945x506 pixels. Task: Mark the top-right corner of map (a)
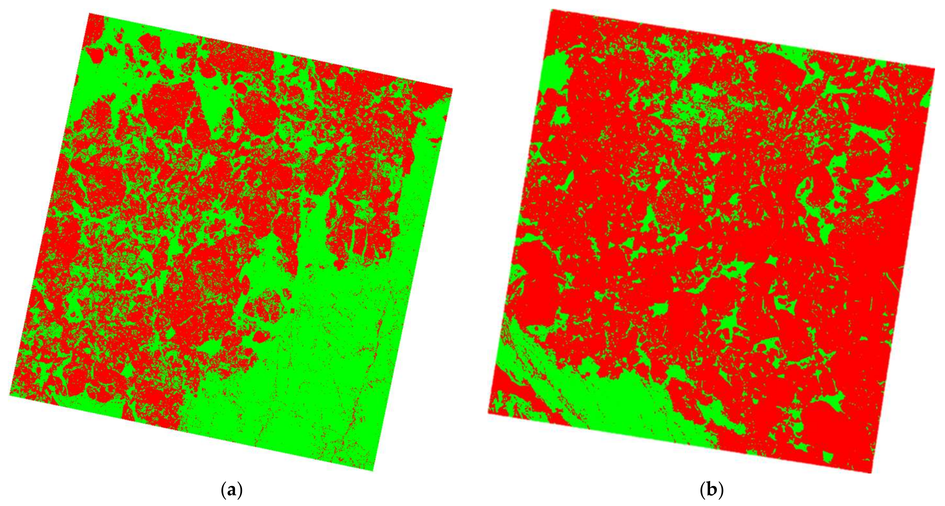click(x=452, y=88)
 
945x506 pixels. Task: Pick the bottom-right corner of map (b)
click(x=871, y=473)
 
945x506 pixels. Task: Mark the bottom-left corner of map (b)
click(x=488, y=413)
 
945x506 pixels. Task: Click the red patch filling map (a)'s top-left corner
click(x=95, y=29)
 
